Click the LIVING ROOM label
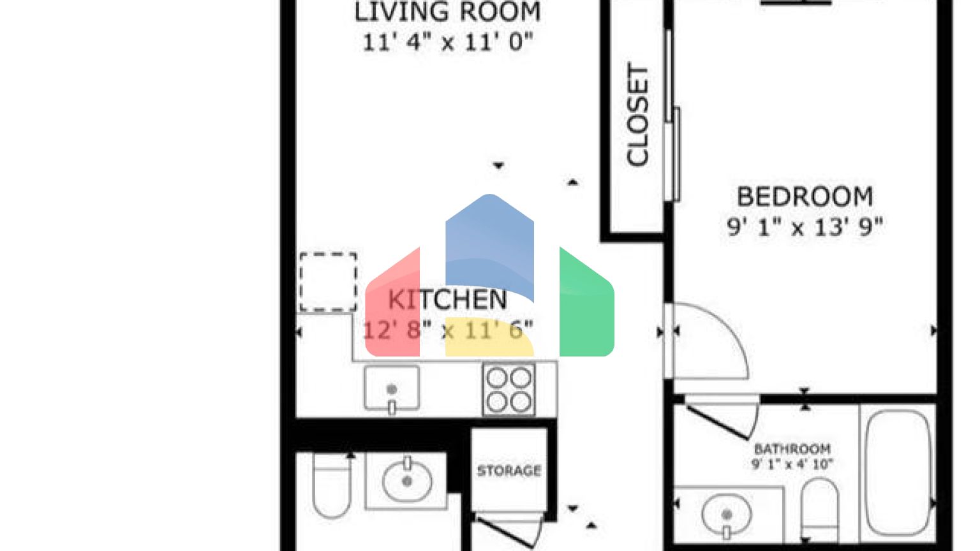point(447,12)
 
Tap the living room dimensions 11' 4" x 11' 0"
point(447,43)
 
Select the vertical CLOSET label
point(637,115)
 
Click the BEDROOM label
point(805,197)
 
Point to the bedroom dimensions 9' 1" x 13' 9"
point(805,227)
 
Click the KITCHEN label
point(447,300)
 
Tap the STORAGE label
point(509,471)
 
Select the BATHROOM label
point(792,449)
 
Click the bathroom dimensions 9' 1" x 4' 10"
point(792,464)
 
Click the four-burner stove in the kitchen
point(509,390)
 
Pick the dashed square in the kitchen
point(328,282)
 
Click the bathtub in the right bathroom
point(898,472)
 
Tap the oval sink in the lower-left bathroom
point(406,481)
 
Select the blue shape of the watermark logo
point(489,242)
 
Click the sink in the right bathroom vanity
point(726,514)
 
